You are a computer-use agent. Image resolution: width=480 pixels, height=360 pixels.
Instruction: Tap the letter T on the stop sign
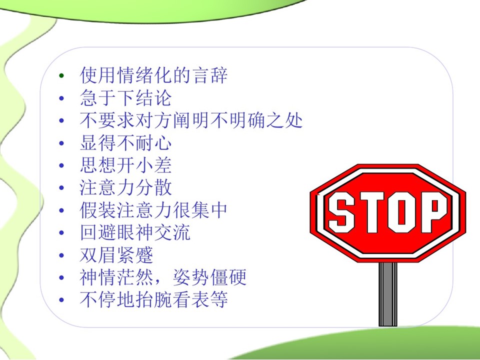point(371,212)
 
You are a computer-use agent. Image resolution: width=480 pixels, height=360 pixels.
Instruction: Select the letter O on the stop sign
point(403,212)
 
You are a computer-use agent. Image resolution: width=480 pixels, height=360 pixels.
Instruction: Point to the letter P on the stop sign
point(434,212)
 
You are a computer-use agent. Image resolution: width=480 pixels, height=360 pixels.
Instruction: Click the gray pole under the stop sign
point(388,294)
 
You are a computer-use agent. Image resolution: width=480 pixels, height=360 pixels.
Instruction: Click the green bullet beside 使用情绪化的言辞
point(61,75)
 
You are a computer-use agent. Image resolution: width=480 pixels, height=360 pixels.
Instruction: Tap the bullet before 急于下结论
point(61,98)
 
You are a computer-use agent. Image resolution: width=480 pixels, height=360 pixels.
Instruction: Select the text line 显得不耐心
point(125,143)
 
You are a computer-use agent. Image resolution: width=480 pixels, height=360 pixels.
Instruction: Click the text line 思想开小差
point(125,165)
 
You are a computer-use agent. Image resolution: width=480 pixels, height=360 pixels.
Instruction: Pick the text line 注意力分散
point(125,187)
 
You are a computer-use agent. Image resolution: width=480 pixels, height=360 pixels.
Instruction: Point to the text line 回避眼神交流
point(135,232)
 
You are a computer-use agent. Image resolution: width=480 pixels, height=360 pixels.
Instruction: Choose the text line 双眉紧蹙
point(116,255)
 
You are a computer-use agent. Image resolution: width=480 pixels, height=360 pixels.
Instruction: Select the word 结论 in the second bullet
point(153,98)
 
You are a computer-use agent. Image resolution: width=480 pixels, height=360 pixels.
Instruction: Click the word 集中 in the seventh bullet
point(209,210)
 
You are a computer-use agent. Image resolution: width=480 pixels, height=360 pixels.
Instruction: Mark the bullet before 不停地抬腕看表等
point(61,300)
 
